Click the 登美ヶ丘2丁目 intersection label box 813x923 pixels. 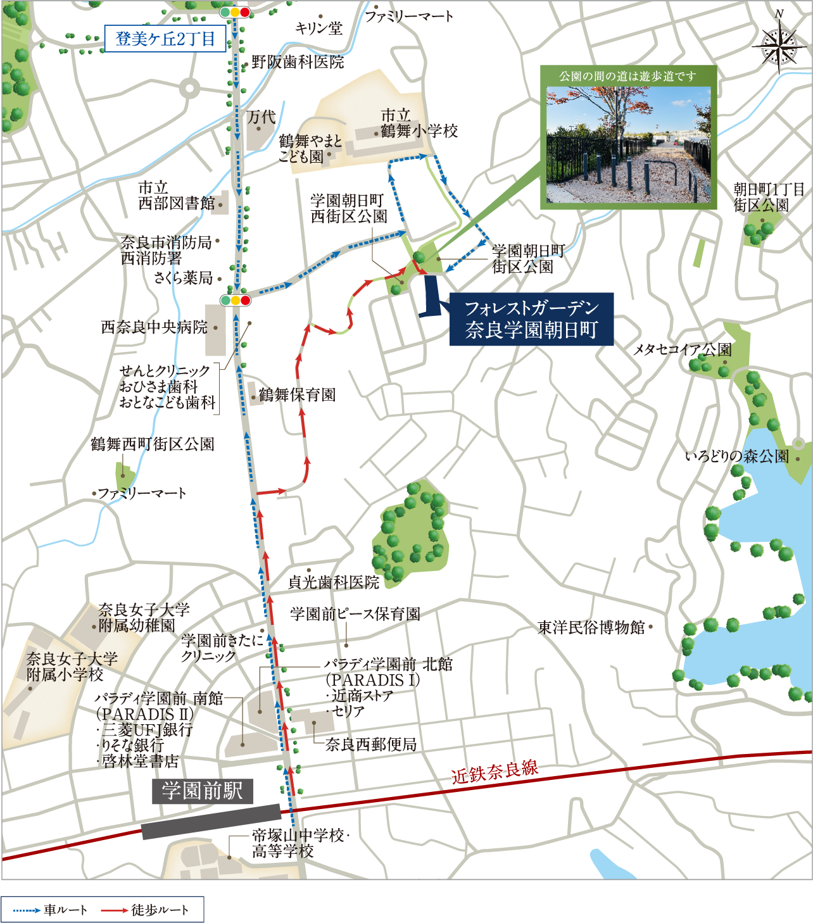click(x=165, y=39)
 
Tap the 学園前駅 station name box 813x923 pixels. click(x=202, y=791)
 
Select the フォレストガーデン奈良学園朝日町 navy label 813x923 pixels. click(x=531, y=319)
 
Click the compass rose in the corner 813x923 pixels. click(x=779, y=45)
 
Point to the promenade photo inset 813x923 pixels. click(x=628, y=144)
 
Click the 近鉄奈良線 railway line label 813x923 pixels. click(x=495, y=771)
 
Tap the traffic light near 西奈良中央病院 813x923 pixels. click(x=235, y=300)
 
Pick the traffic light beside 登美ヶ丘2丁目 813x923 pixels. click(x=235, y=12)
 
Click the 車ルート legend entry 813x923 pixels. click(x=51, y=910)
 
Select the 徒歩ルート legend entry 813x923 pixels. click(x=146, y=910)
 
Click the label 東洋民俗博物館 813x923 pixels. click(x=591, y=627)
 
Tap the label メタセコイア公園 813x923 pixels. click(x=683, y=349)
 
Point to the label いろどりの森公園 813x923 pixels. click(x=737, y=456)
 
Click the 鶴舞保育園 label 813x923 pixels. click(x=297, y=395)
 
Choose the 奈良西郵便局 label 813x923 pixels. click(x=371, y=744)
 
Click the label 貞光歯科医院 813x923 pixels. click(x=334, y=582)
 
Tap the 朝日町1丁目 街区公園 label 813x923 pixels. click(x=769, y=197)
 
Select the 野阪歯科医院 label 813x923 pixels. click(x=298, y=62)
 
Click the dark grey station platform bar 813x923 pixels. click(x=211, y=821)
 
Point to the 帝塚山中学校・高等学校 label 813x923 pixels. click(x=299, y=843)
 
